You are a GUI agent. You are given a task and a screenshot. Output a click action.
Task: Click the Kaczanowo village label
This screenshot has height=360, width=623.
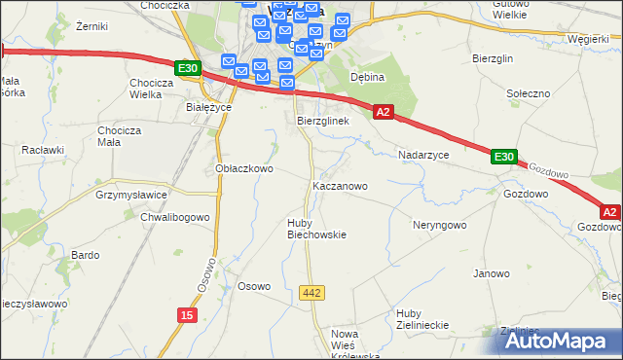click(x=339, y=185)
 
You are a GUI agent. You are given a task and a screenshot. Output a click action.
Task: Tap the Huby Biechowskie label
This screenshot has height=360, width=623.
click(x=316, y=228)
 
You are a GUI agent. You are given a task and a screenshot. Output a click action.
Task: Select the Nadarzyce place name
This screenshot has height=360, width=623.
click(x=423, y=155)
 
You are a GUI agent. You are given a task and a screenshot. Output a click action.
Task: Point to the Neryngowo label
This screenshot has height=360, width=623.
click(x=440, y=225)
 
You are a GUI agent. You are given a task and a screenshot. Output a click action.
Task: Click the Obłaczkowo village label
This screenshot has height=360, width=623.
click(x=243, y=168)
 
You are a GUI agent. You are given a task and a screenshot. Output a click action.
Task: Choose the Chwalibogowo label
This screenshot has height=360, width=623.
click(x=175, y=217)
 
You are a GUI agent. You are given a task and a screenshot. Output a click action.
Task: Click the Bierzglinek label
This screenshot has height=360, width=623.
click(x=323, y=121)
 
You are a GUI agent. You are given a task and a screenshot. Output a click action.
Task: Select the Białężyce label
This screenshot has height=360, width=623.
click(x=207, y=108)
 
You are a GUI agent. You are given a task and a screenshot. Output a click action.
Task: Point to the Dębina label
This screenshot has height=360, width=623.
click(x=368, y=77)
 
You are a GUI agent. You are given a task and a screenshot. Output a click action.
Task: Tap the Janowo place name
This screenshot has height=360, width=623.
click(x=492, y=273)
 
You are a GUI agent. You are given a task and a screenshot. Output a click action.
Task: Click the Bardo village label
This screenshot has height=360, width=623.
click(x=86, y=255)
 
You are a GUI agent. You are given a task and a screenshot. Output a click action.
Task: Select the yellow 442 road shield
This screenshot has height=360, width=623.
click(x=312, y=293)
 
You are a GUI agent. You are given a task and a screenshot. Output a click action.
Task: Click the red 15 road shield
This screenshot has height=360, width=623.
click(x=187, y=314)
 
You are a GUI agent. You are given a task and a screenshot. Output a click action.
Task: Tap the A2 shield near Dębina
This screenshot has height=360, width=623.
click(x=384, y=113)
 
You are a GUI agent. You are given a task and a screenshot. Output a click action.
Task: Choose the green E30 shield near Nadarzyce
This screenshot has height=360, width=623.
click(x=502, y=157)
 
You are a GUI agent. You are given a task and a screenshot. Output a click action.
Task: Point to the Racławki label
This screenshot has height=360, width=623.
click(x=43, y=151)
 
